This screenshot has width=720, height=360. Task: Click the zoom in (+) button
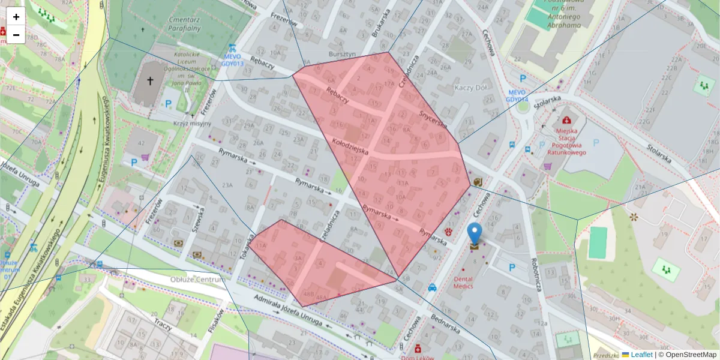tap(16, 17)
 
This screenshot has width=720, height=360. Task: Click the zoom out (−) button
tap(16, 35)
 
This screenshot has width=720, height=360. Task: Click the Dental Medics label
tap(463, 282)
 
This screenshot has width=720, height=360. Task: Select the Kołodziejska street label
tap(350, 146)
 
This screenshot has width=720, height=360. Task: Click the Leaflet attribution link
tap(641, 355)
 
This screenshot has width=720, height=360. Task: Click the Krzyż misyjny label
tap(192, 123)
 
